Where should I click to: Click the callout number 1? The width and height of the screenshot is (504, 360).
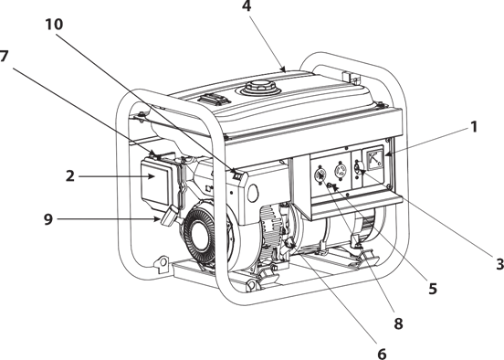tap(474, 127)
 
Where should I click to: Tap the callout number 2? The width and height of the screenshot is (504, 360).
tap(70, 176)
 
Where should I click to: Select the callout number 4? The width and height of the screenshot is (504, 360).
tap(247, 6)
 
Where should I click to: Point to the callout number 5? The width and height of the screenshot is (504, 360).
tap(433, 289)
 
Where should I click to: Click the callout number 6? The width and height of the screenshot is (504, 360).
tap(382, 354)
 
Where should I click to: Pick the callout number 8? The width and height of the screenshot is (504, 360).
tap(398, 323)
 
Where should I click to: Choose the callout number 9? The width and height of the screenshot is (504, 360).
tap(47, 219)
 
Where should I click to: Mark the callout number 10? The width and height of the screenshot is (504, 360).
tap(54, 25)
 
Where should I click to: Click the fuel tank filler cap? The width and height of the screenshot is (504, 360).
tap(259, 87)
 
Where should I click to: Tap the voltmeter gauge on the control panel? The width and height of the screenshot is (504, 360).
tap(373, 158)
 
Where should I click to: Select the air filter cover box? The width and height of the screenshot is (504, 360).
tap(156, 183)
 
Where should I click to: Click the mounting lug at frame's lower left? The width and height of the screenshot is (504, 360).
tap(162, 264)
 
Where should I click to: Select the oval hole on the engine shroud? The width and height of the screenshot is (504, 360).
tap(254, 193)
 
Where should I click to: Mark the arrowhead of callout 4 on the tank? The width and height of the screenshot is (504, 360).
tap(283, 69)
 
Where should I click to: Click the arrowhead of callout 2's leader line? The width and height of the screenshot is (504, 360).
tap(152, 176)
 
